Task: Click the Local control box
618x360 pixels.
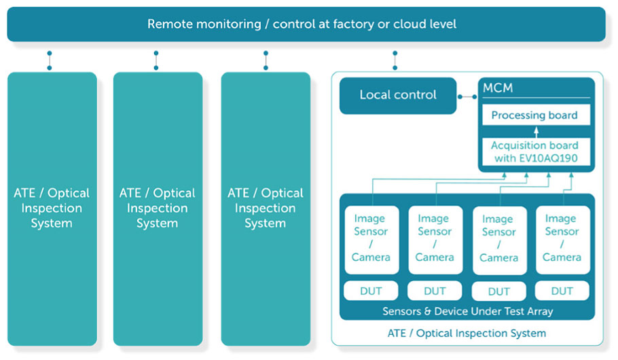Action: point(398,95)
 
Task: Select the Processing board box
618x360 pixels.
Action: point(536,115)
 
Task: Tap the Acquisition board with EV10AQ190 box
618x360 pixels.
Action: point(536,151)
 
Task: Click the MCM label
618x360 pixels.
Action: point(498,88)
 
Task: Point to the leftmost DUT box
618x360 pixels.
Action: point(371,291)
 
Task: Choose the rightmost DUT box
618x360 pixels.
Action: point(562,291)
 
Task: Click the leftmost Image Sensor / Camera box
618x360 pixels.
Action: point(371,240)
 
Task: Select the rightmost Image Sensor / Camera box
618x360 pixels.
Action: point(563,240)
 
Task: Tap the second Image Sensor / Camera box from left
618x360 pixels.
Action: point(435,240)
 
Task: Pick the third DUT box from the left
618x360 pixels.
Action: point(499,291)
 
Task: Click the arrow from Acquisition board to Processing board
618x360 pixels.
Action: point(536,132)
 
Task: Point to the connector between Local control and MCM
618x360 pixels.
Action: point(467,96)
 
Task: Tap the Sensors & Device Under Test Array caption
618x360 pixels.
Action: point(468,311)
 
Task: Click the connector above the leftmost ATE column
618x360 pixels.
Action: point(50,60)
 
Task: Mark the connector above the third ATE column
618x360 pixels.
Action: point(266,60)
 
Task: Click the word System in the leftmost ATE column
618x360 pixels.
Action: point(52,223)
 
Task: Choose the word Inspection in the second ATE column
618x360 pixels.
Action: point(158,208)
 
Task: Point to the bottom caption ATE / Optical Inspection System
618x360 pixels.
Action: point(467,334)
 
